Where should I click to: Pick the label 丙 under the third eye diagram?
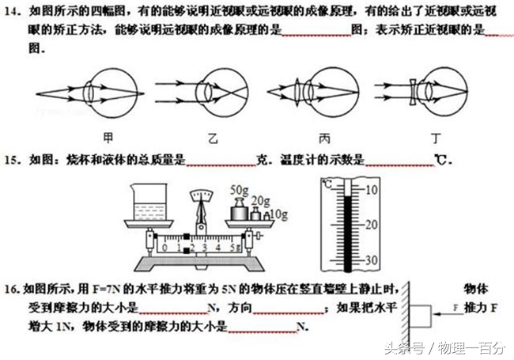pos(325,137)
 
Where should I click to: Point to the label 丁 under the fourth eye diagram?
pos(436,137)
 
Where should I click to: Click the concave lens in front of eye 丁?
pos(412,93)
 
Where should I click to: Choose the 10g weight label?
pos(277,214)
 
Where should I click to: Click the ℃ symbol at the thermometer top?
pos(328,184)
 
